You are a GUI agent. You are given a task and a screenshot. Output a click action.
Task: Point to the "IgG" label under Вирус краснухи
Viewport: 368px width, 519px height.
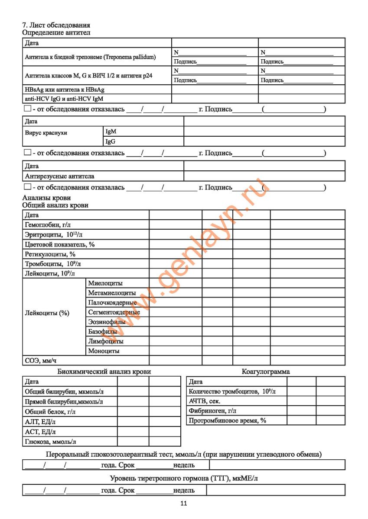click(x=111, y=141)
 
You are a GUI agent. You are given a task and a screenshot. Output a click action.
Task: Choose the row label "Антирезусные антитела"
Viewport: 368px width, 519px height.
click(x=59, y=176)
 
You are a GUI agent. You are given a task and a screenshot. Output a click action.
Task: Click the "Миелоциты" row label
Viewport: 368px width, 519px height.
click(x=105, y=283)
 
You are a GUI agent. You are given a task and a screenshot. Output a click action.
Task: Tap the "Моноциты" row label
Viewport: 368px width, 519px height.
click(x=104, y=351)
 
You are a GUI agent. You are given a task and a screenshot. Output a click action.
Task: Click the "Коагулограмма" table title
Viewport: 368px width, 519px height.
click(x=266, y=372)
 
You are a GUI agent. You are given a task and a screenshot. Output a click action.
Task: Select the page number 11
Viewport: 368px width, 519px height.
click(x=183, y=503)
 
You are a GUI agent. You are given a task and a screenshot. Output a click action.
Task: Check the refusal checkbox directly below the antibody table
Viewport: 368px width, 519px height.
click(x=28, y=109)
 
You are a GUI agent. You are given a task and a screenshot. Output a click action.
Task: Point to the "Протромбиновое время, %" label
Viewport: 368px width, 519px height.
click(x=227, y=420)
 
